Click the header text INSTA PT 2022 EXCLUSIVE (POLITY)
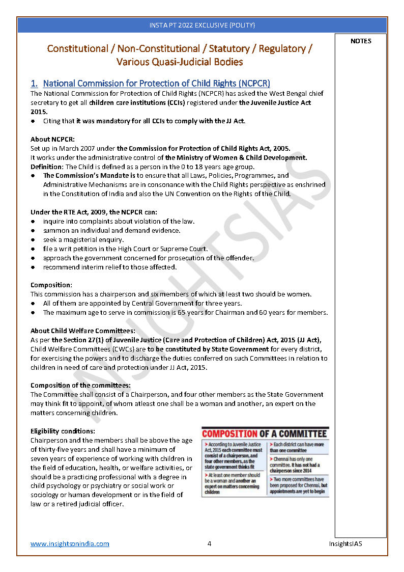[x=202, y=25]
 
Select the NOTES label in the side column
[x=361, y=41]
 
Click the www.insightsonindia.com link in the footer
[x=70, y=543]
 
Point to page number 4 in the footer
[x=209, y=543]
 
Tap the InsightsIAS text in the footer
[x=345, y=543]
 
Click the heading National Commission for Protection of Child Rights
[x=156, y=83]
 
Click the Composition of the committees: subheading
[x=80, y=385]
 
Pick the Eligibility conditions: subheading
[x=63, y=431]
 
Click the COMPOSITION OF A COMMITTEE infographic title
[x=265, y=434]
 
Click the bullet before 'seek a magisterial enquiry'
[x=33, y=240]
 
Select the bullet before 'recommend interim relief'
[x=33, y=267]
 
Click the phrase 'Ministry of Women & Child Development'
[x=240, y=158]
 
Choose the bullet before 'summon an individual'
[x=33, y=231]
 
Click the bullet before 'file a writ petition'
[x=33, y=249]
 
